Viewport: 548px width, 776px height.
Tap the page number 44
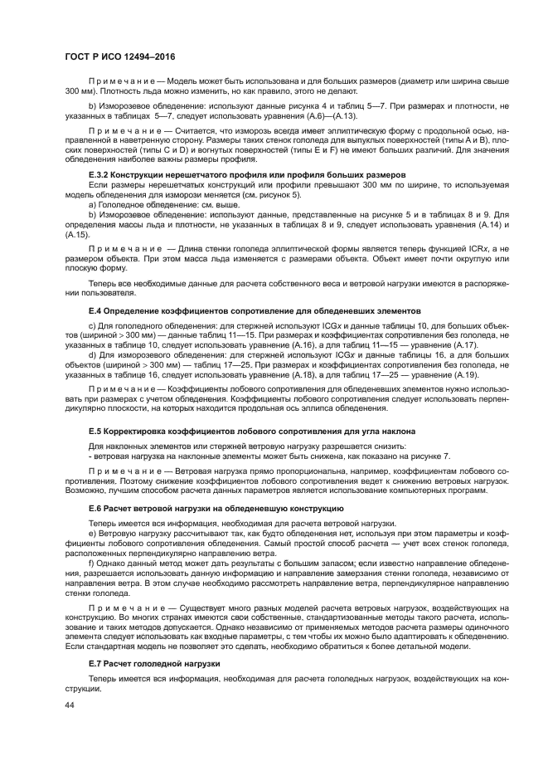click(x=70, y=705)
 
